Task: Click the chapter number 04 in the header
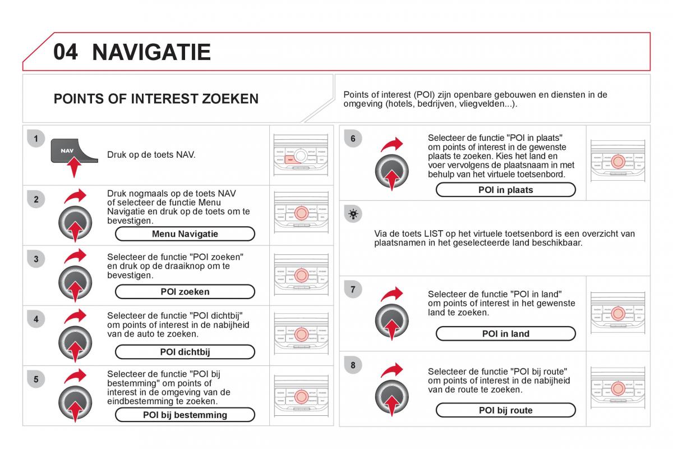click(66, 52)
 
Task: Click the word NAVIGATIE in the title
click(151, 52)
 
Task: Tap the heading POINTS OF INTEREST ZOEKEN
click(156, 99)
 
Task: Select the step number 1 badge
click(35, 138)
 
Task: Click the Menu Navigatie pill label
click(185, 234)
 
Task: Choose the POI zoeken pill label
click(185, 292)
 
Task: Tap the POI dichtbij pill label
click(185, 352)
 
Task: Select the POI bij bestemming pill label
click(185, 415)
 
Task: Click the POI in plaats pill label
click(505, 190)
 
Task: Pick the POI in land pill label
click(505, 334)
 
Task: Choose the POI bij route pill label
click(505, 410)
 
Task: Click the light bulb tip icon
click(353, 214)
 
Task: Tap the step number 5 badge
click(35, 379)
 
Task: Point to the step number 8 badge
click(353, 366)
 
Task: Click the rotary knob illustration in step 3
click(75, 282)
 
